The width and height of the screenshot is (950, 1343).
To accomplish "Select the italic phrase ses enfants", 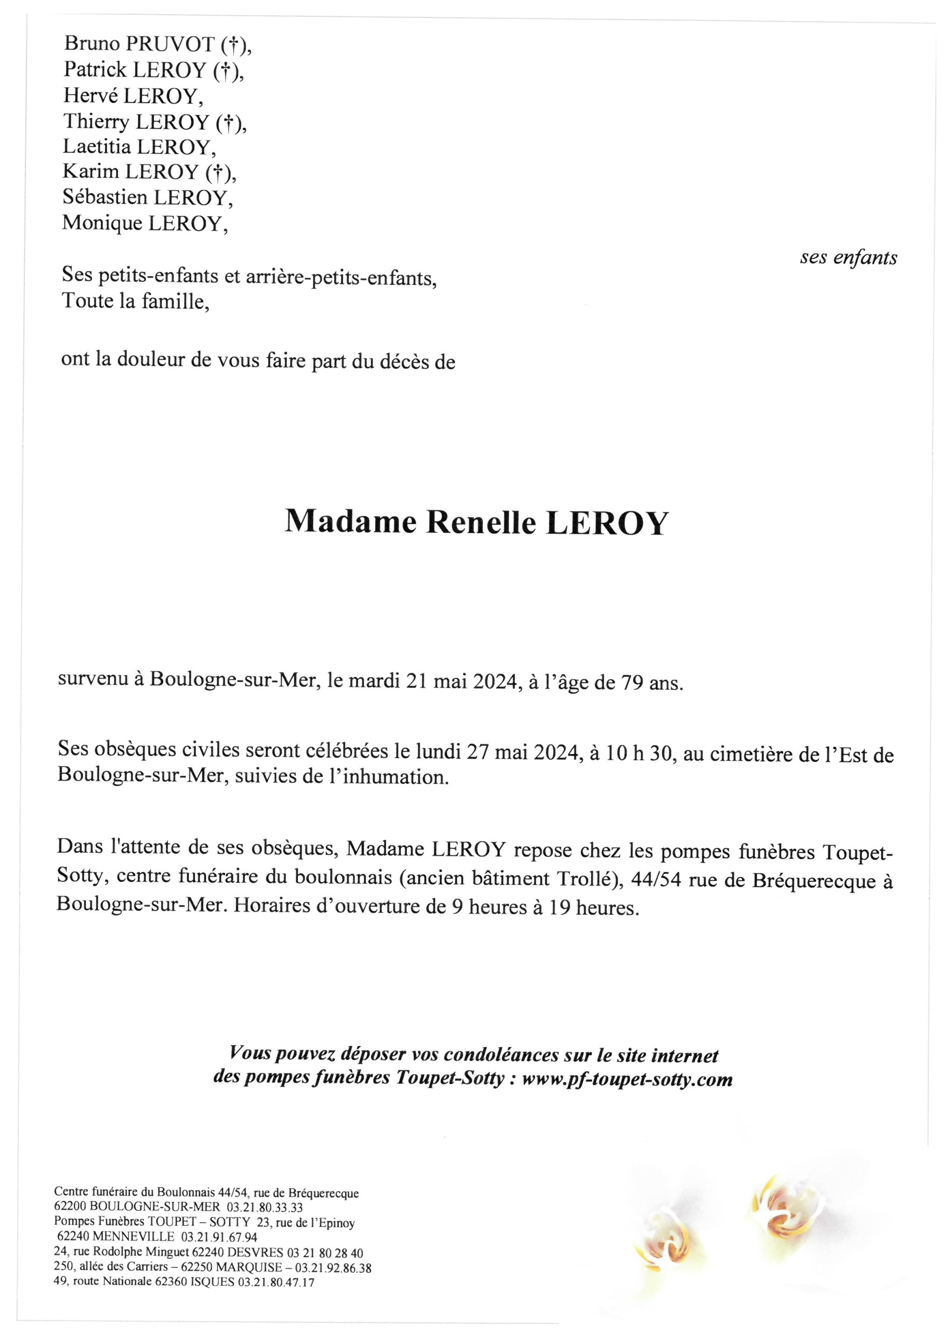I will [848, 258].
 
